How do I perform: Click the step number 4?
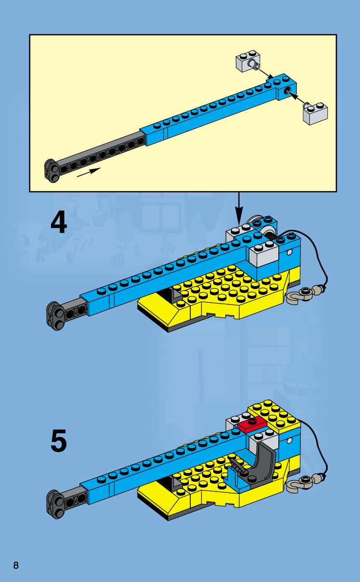tap(59, 224)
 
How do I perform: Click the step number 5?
tap(59, 442)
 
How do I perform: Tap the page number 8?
tap(16, 566)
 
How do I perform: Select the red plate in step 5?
tap(252, 424)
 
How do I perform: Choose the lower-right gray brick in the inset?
tap(315, 113)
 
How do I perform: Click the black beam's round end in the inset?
tap(51, 170)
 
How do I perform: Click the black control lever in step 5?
tap(235, 465)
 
